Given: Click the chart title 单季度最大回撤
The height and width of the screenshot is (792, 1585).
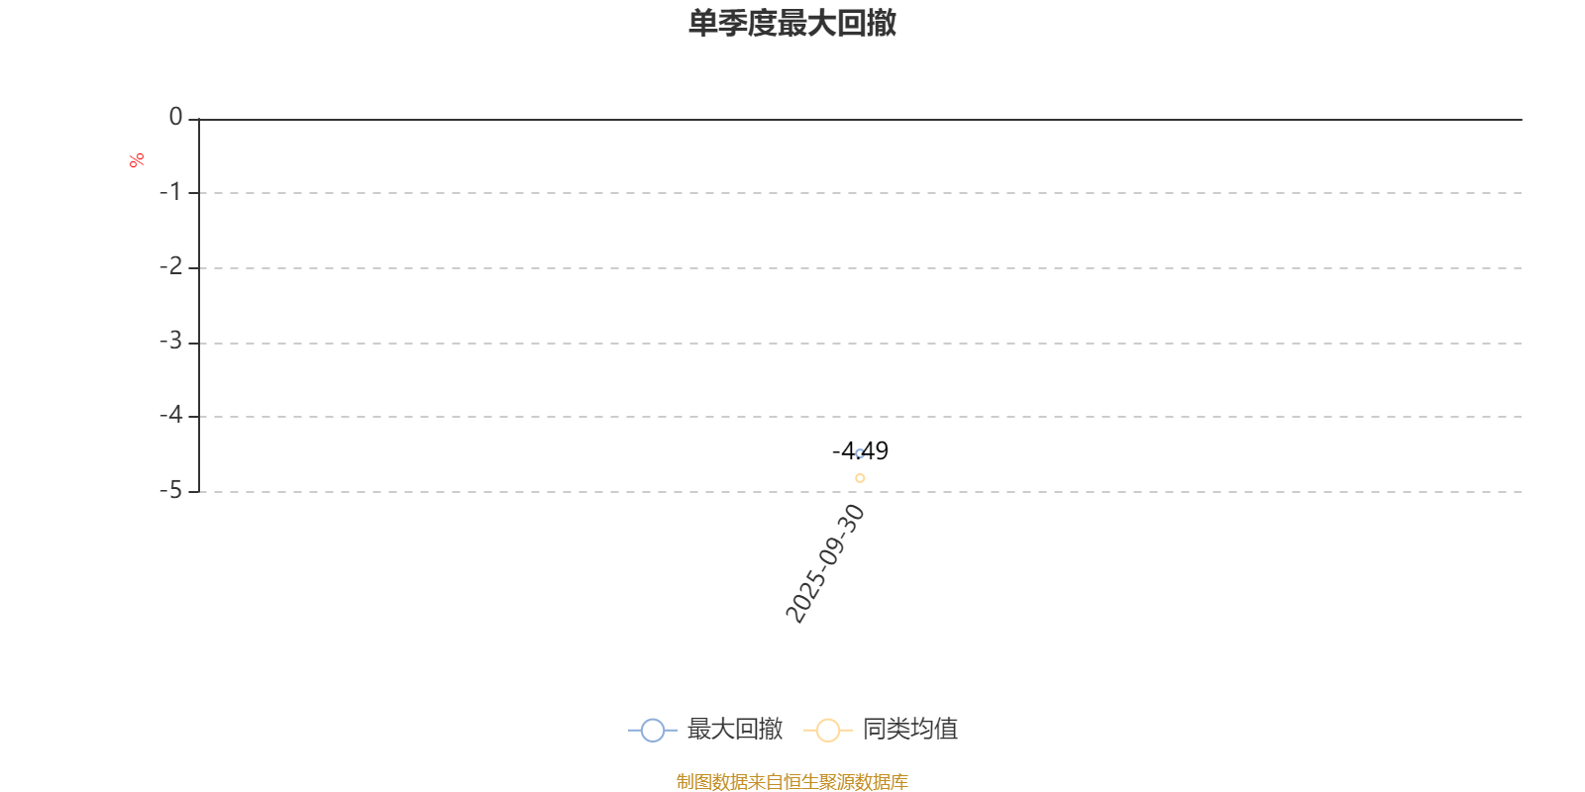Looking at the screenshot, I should tap(792, 23).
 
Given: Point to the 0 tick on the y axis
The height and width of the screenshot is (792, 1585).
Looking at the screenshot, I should tap(176, 118).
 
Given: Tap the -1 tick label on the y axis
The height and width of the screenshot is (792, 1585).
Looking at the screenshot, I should tap(171, 192).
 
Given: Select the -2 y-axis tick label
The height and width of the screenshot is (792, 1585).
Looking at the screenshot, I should tap(171, 266).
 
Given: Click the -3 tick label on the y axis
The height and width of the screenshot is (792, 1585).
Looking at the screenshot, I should tap(171, 342).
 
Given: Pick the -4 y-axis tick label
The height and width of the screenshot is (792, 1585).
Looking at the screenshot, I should tap(171, 416).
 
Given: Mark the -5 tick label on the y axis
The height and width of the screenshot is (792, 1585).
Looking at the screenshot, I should tap(171, 490).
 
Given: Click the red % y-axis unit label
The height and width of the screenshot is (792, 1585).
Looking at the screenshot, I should tap(137, 159).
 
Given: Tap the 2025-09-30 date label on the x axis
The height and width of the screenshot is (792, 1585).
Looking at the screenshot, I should tap(825, 563).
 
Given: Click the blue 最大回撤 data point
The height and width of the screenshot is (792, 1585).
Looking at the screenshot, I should tap(860, 453).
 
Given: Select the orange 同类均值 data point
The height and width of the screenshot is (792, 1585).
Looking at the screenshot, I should tap(860, 478).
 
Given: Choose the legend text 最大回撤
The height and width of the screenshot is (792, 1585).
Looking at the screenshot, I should tap(734, 730).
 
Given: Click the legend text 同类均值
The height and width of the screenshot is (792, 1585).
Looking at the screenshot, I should tap(909, 730).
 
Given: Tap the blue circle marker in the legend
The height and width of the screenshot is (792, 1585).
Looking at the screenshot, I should tap(652, 731).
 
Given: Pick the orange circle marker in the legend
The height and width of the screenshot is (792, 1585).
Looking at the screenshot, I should tap(827, 731).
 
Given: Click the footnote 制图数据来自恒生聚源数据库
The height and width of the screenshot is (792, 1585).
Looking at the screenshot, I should tap(792, 782).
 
